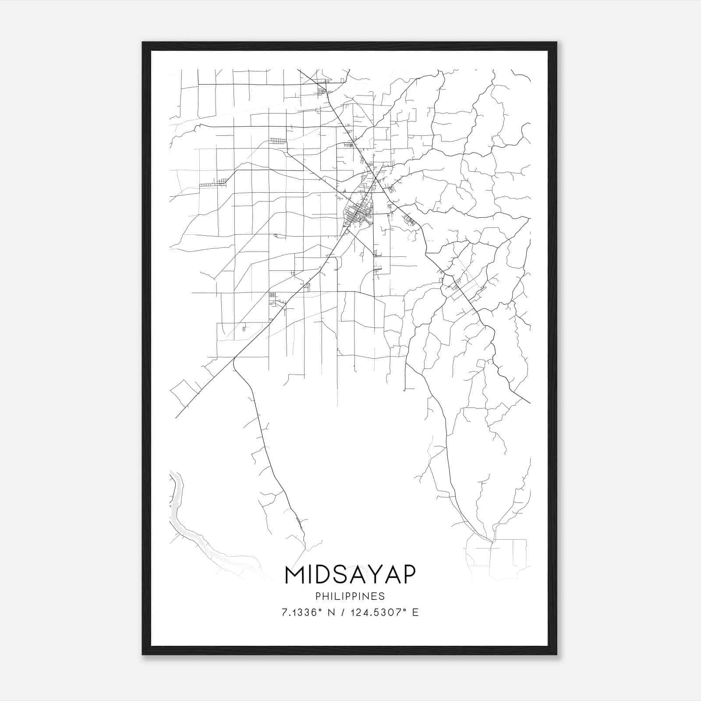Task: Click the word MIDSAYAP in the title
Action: tap(350, 575)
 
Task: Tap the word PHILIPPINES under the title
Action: tap(350, 596)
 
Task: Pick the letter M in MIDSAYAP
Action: tap(294, 575)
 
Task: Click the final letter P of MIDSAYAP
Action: tap(407, 575)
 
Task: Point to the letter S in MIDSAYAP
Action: tap(340, 575)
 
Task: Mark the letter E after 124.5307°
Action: tap(415, 612)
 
